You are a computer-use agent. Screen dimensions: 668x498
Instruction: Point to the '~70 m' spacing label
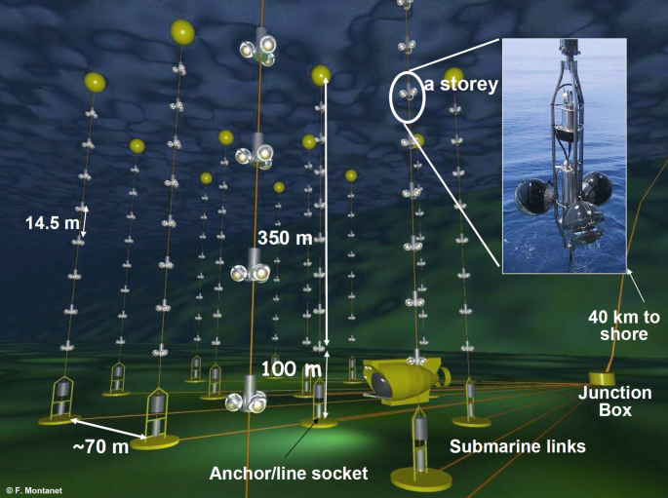tap(100, 447)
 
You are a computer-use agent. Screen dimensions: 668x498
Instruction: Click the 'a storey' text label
tap(462, 85)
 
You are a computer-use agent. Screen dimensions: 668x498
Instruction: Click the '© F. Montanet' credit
tap(34, 491)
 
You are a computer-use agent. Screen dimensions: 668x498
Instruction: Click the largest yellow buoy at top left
tap(181, 31)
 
